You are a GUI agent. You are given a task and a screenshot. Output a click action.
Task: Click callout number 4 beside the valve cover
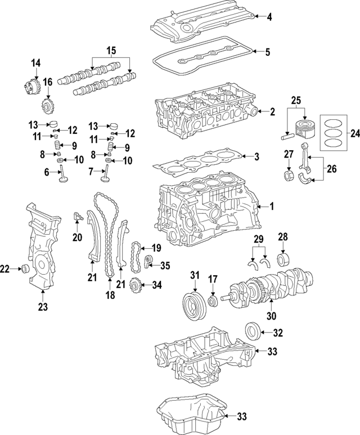[269, 17]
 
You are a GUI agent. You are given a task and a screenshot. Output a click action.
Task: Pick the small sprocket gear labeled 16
[48, 105]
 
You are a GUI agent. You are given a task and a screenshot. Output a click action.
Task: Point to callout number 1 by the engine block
[271, 207]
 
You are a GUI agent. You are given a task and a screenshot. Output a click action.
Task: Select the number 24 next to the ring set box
[354, 133]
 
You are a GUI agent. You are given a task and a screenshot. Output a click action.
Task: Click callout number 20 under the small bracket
[77, 236]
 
